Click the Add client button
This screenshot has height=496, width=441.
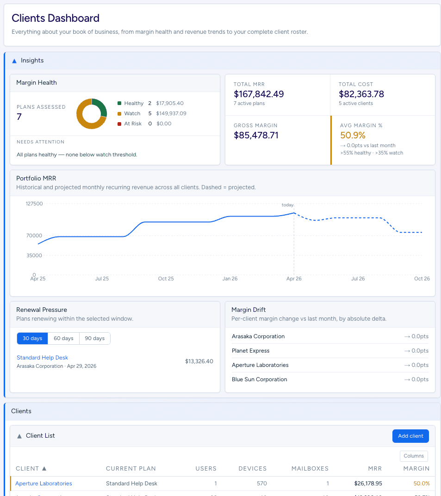pyautogui.click(x=410, y=436)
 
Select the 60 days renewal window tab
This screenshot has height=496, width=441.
pyautogui.click(x=63, y=338)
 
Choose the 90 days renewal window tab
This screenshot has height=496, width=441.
pyautogui.click(x=94, y=338)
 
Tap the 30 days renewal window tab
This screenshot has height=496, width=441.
pyautogui.click(x=32, y=338)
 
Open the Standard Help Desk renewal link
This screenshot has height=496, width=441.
pyautogui.click(x=42, y=358)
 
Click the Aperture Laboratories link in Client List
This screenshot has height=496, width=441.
pyautogui.click(x=43, y=484)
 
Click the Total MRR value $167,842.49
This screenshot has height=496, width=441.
pyautogui.click(x=259, y=94)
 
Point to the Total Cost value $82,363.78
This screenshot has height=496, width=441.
pyautogui.click(x=361, y=94)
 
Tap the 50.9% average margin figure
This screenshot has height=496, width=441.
pyautogui.click(x=353, y=135)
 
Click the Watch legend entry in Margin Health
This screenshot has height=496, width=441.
pyautogui.click(x=132, y=113)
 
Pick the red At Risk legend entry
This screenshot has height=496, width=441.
pyautogui.click(x=132, y=124)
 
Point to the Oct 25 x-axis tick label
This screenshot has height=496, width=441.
pyautogui.click(x=166, y=279)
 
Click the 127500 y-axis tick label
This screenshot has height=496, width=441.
pyautogui.click(x=34, y=204)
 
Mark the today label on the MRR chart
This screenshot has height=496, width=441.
pyautogui.click(x=287, y=205)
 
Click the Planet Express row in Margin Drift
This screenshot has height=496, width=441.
pyautogui.click(x=250, y=351)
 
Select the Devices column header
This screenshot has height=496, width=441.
pyautogui.click(x=252, y=468)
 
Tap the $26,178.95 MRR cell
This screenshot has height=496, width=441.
pyautogui.click(x=366, y=484)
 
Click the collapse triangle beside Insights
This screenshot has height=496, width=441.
pyautogui.click(x=14, y=61)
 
